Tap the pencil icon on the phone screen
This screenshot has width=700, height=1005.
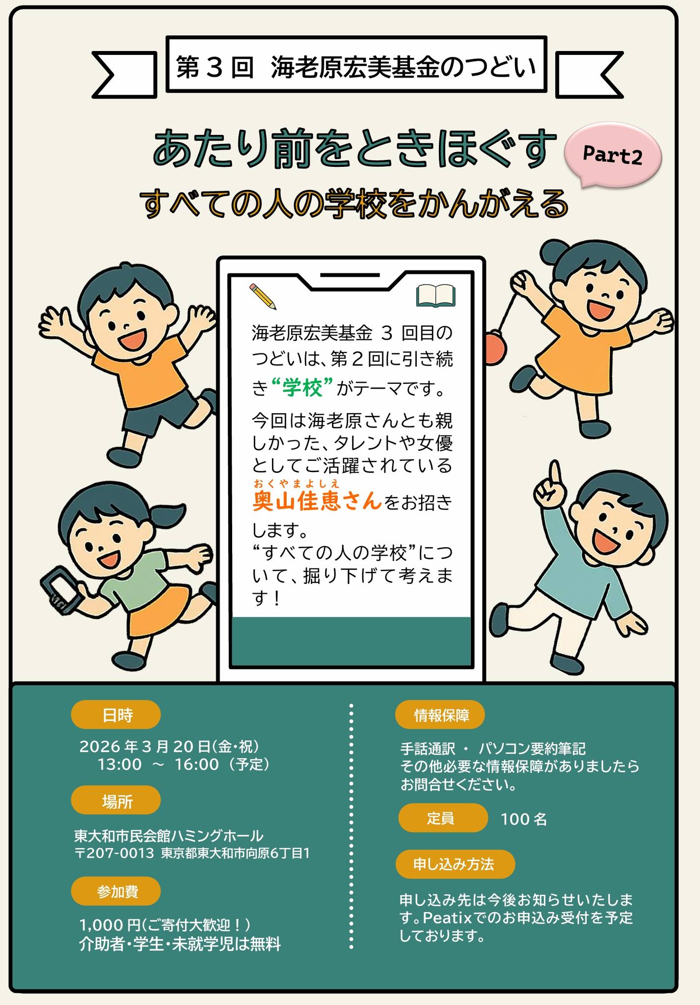pyautogui.click(x=263, y=296)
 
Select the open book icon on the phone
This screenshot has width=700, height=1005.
pyautogui.click(x=435, y=296)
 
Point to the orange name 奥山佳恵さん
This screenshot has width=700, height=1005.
pyautogui.click(x=317, y=501)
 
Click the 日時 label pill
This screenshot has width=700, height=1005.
pyautogui.click(x=116, y=715)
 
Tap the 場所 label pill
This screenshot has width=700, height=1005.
pyautogui.click(x=116, y=802)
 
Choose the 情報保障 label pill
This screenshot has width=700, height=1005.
pyautogui.click(x=440, y=715)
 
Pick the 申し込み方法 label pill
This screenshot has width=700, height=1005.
pyautogui.click(x=455, y=864)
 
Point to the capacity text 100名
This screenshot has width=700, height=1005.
pyautogui.click(x=524, y=819)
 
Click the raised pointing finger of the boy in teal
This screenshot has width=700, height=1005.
pyautogui.click(x=554, y=473)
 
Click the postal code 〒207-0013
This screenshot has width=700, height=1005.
pyautogui.click(x=114, y=853)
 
